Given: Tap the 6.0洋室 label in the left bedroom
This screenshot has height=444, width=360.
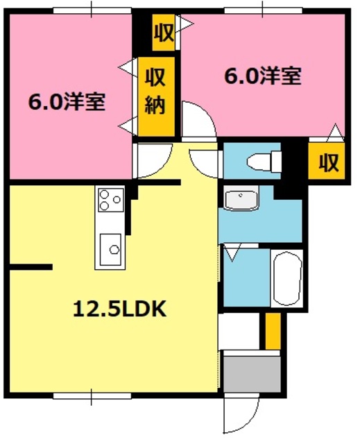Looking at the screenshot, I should tap(67, 102).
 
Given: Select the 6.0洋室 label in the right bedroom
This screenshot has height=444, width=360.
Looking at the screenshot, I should tap(263, 76).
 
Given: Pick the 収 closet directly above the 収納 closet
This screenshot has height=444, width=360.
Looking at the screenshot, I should tap(164, 33).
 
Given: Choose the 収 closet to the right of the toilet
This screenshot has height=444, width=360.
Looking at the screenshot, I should tap(327, 163).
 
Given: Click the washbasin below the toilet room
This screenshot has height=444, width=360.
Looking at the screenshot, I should tap(241, 199).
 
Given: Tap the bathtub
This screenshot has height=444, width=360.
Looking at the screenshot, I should tap(286, 277).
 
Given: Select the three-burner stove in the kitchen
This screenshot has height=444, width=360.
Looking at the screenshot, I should tap(110, 200).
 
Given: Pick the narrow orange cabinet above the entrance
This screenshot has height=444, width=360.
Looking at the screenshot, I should tap(273, 331).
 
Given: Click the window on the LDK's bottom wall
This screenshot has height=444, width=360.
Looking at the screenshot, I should tap(91, 396).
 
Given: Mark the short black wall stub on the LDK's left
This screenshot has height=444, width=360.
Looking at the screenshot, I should tap(31, 266).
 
